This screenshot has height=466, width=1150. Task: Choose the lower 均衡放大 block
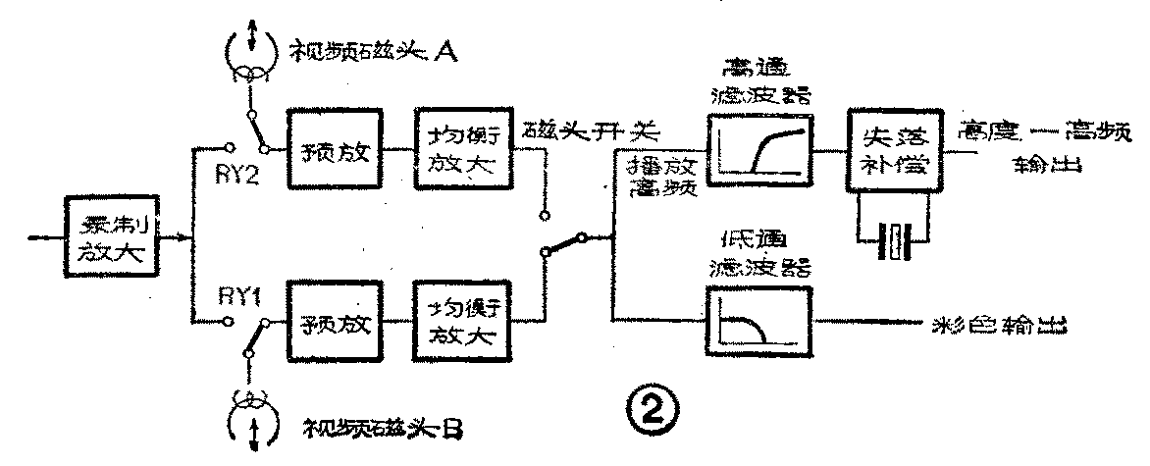[459, 323]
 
